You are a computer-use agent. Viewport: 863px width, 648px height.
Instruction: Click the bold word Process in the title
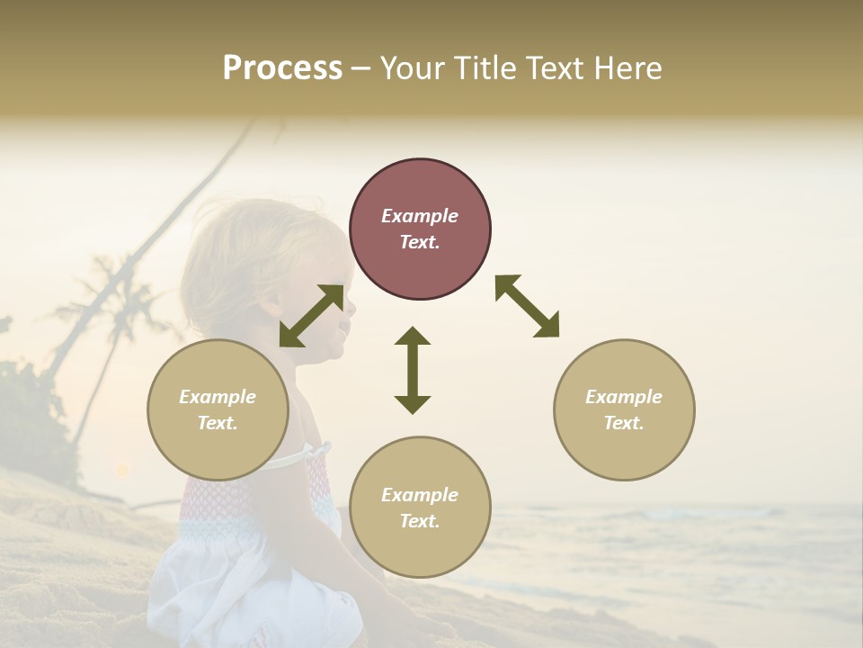tap(282, 68)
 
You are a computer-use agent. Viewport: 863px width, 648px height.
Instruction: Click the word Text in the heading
tap(555, 68)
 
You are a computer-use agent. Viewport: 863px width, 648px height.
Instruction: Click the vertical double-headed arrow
tap(413, 370)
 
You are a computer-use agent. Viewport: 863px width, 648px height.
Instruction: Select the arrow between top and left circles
tap(311, 316)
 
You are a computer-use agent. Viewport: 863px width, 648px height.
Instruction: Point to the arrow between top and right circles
tap(527, 306)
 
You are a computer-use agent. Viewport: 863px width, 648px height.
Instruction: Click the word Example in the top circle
tap(420, 216)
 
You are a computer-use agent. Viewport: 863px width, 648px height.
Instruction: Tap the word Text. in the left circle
tap(218, 423)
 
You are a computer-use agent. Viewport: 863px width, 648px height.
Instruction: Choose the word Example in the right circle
tap(624, 397)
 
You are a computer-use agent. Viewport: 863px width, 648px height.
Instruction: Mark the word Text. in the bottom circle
tap(420, 521)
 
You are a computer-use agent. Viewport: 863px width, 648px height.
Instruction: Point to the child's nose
tap(351, 307)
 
